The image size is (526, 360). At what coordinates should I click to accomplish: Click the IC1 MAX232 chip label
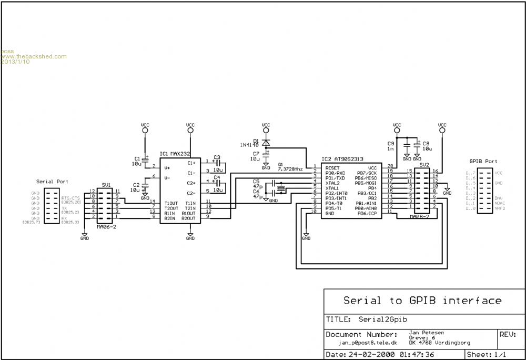click(176, 154)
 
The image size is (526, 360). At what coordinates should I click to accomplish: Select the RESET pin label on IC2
click(332, 167)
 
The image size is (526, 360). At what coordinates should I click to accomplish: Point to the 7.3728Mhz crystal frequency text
click(291, 169)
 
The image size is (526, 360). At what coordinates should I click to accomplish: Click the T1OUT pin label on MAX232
click(170, 202)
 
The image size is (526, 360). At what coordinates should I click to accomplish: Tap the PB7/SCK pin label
click(367, 173)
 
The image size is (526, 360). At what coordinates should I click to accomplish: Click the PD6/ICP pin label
click(367, 213)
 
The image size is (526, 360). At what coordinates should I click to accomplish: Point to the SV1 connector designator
click(106, 185)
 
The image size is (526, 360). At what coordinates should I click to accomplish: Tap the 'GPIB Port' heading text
click(483, 162)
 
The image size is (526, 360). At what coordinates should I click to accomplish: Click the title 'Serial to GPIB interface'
click(422, 301)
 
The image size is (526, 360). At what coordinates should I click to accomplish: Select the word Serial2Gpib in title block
click(383, 319)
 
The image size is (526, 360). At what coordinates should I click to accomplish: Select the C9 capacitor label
click(391, 143)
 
